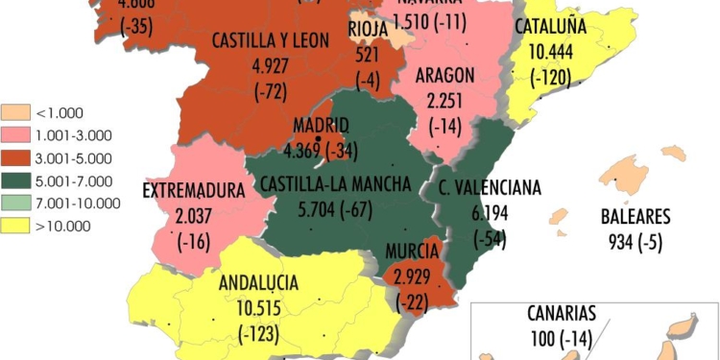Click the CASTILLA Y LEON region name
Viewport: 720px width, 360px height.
click(x=270, y=40)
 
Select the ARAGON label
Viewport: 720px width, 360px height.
click(x=446, y=75)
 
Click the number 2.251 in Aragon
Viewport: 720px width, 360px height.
click(x=445, y=101)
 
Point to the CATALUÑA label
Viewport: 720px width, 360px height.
click(x=551, y=27)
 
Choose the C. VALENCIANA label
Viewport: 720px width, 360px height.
click(x=490, y=187)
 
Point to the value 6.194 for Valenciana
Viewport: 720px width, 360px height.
click(x=489, y=212)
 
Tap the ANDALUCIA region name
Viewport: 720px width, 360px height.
click(x=259, y=283)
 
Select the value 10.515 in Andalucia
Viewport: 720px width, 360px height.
click(x=260, y=309)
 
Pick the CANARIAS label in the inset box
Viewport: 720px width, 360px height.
click(x=563, y=313)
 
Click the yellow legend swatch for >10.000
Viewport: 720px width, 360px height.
click(x=17, y=227)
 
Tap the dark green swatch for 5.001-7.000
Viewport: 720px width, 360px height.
click(x=17, y=180)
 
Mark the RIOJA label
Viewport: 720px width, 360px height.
click(x=368, y=29)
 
